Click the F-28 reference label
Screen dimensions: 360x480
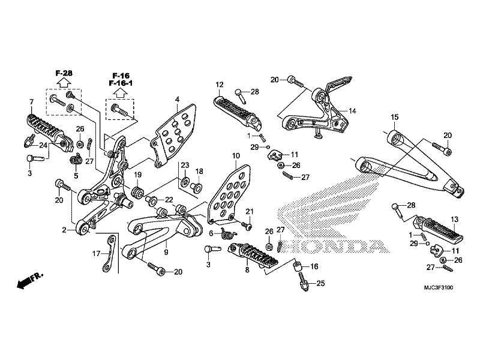tap(64, 73)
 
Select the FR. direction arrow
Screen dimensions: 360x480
tap(29, 280)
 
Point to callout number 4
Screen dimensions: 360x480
tap(177, 99)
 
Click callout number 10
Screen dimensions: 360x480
tap(235, 156)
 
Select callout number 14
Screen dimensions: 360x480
tap(352, 111)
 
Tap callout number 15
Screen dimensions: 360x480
tap(395, 117)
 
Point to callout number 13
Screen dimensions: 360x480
tap(454, 219)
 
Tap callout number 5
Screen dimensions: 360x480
tap(76, 176)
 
